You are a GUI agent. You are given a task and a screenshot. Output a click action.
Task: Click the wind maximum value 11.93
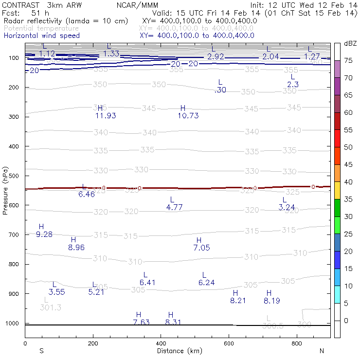tap(106, 116)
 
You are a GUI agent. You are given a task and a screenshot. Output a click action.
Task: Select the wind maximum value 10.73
tap(188, 116)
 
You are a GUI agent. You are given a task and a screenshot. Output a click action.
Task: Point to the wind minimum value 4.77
tap(174, 207)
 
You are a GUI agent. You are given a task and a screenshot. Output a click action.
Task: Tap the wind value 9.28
tap(44, 234)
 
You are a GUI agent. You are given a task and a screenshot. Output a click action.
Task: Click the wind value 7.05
tap(201, 248)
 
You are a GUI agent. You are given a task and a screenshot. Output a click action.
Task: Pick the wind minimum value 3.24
tap(287, 207)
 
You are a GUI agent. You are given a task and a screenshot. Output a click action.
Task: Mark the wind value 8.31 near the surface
tap(173, 322)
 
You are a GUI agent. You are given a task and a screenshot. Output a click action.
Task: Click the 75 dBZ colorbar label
tap(348, 60)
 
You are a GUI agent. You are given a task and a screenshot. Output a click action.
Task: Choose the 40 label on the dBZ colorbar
tap(348, 182)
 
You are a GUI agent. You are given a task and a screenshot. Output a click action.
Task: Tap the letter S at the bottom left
tap(41, 351)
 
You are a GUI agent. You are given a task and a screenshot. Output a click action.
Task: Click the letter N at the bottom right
tap(322, 351)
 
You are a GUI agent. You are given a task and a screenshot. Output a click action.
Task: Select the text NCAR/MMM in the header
tap(137, 5)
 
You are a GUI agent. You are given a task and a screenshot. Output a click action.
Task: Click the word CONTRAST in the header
tap(18, 5)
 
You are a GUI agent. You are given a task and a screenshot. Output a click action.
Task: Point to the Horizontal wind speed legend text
tap(41, 36)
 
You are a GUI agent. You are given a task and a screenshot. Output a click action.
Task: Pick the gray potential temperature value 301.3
tap(51, 307)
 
